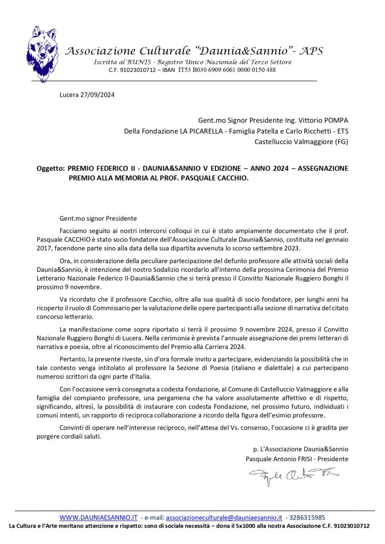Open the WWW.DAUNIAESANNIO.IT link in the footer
click(98, 517)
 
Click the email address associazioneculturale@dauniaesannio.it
click(223, 517)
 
